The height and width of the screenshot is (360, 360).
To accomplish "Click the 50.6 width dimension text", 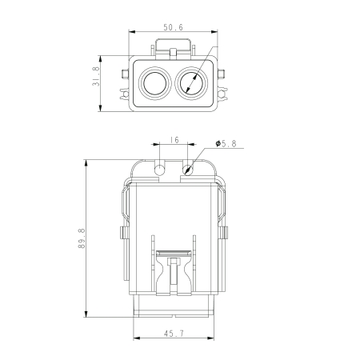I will pos(174,27).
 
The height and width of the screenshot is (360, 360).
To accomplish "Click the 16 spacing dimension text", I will pos(174,140).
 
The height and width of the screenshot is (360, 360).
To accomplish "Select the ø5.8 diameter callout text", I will pos(226,144).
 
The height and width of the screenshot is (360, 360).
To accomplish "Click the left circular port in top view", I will pos(153,82).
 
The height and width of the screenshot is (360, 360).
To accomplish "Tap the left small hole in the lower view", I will pos(160,170).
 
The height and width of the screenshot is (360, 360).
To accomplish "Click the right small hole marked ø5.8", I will pos(189,170).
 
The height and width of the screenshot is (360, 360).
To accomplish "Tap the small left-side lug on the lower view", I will pos(123,234).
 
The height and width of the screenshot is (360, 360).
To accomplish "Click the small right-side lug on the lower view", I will pos(226,234).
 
